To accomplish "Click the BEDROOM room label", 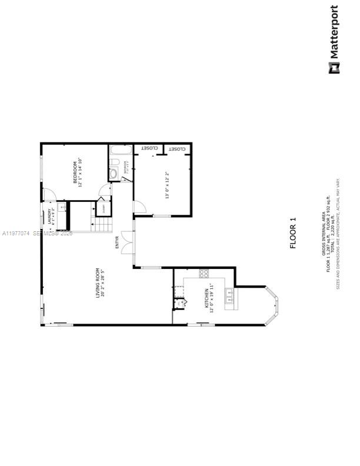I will click(75, 172).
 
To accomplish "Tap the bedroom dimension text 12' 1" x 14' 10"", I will click(81, 172).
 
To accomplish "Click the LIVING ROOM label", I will click(98, 283).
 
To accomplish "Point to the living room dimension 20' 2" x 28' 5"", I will click(103, 283).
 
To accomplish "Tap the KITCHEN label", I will click(206, 298).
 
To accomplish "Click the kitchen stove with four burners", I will click(204, 273).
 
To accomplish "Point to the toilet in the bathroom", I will click(113, 173).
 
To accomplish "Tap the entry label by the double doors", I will click(117, 242).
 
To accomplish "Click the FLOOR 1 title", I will click(294, 234).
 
